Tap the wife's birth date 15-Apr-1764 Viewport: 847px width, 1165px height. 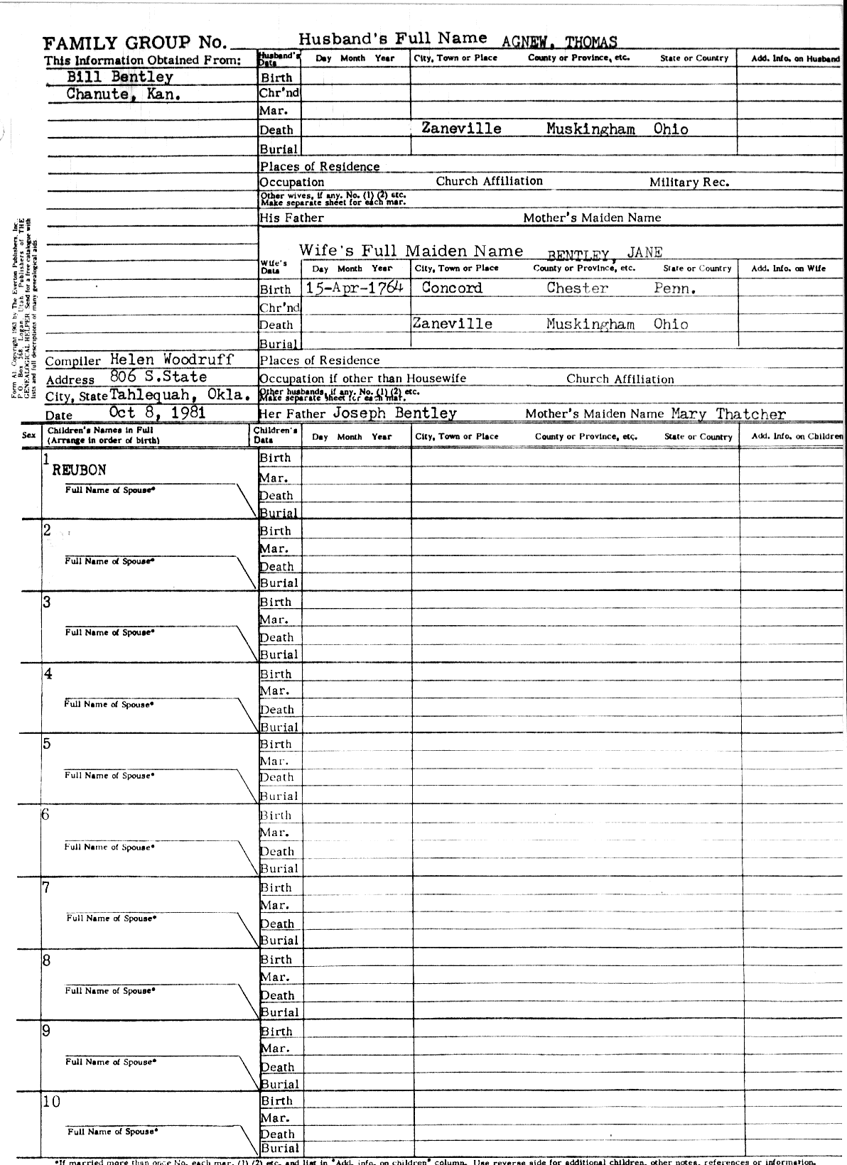355,288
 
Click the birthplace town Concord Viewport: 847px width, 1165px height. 452,288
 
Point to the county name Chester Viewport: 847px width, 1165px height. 577,288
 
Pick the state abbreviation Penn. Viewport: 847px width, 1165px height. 674,289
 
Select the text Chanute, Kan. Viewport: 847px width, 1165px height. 123,94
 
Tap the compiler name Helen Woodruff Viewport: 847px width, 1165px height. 172,359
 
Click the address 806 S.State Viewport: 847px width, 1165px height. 158,377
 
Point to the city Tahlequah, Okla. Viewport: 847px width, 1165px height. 180,395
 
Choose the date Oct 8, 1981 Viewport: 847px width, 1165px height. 158,413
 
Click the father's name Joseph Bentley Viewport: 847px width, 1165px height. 394,413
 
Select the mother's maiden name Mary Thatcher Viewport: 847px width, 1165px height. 728,413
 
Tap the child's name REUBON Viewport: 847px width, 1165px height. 79,470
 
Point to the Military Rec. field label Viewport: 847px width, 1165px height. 689,183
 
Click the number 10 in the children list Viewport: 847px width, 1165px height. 52,1102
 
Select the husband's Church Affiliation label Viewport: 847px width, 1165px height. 489,181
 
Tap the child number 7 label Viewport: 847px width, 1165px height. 47,887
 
